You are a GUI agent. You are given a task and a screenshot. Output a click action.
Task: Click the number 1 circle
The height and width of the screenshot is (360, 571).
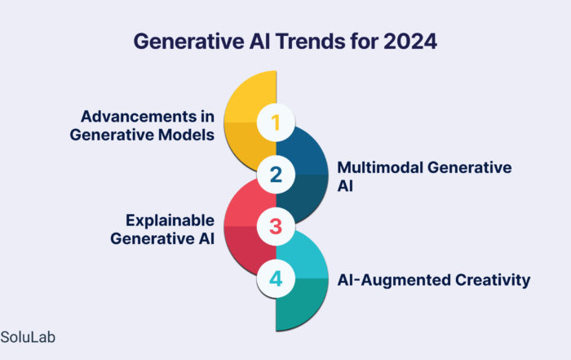276,122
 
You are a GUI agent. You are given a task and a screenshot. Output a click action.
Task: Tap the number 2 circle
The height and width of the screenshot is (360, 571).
276,175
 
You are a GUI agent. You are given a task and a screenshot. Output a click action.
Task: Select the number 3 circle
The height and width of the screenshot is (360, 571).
276,226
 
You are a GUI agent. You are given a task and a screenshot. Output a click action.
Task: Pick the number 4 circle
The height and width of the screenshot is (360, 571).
276,278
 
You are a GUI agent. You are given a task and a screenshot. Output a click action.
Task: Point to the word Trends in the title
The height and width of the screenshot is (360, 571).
310,41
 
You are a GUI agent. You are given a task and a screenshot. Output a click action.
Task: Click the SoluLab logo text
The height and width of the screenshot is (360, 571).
28,337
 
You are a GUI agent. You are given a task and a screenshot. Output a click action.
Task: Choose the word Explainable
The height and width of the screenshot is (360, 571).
170,220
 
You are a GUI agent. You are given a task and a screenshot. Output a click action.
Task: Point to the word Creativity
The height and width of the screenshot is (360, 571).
493,280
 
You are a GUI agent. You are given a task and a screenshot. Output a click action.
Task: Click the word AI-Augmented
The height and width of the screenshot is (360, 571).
394,280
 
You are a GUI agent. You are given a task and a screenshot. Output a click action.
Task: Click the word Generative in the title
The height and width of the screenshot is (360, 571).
188,41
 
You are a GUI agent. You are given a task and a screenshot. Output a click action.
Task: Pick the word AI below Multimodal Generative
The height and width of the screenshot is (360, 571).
345,186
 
